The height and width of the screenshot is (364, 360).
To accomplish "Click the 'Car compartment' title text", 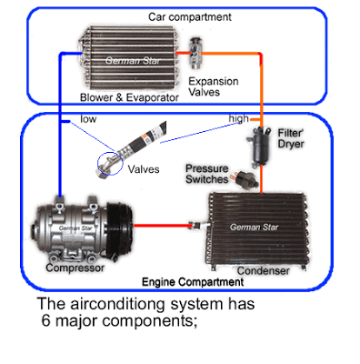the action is (x=190, y=17).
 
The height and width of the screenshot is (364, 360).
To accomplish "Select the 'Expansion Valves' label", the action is (x=214, y=86).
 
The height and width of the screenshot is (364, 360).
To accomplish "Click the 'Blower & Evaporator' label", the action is (x=129, y=97).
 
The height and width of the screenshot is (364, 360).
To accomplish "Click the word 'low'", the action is (x=88, y=119).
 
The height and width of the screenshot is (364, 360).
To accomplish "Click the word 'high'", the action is (x=239, y=118).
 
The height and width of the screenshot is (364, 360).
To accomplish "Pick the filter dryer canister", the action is (x=259, y=147).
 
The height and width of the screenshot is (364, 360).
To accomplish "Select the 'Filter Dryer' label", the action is (x=291, y=138).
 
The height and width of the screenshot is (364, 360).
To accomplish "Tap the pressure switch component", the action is (x=245, y=180).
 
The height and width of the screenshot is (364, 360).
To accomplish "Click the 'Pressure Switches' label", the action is (x=207, y=174).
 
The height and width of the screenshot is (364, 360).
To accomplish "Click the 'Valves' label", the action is (x=144, y=169).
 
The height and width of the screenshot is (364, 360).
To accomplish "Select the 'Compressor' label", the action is (x=75, y=268).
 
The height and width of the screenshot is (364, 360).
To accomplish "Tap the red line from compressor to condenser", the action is (x=161, y=226).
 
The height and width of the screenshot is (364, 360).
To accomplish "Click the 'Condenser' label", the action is (x=263, y=271).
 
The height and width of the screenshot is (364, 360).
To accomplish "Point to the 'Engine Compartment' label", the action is (x=193, y=282).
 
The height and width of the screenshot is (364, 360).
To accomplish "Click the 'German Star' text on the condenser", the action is (x=254, y=227).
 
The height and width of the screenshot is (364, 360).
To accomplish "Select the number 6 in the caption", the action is (x=45, y=320).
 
